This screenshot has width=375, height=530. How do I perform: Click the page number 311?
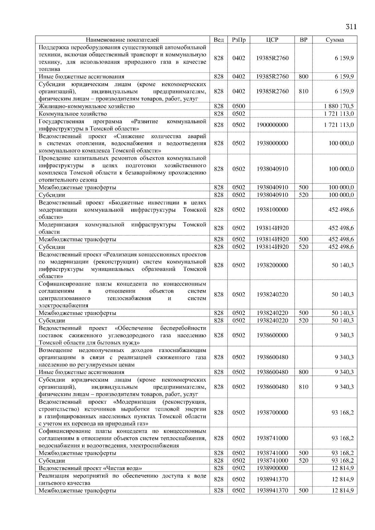pos(351,27)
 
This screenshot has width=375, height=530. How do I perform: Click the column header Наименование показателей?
pos(122,40)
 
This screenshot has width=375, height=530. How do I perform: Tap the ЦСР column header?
pos(272,40)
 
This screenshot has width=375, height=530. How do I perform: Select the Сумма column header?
pos(335,40)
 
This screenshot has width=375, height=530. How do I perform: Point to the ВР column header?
pos(303,40)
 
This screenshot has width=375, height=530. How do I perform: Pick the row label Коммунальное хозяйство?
pos(72,114)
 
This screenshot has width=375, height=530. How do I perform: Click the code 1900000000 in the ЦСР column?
pos(272,125)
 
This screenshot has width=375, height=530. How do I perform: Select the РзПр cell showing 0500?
pos(238,106)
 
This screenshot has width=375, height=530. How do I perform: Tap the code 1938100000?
pos(272,210)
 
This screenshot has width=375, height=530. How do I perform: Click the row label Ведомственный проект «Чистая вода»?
pos(90,468)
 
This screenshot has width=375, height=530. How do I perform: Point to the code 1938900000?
pos(272,468)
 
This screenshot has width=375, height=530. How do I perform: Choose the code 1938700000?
pos(272,413)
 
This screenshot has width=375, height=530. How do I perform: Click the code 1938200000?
pos(272,265)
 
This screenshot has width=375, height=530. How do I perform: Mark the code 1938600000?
pos(272,335)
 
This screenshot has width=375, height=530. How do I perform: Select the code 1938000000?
pos(272,143)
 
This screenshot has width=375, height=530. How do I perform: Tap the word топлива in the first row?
pos(49,69)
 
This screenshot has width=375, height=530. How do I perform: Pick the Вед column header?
pos(218,40)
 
